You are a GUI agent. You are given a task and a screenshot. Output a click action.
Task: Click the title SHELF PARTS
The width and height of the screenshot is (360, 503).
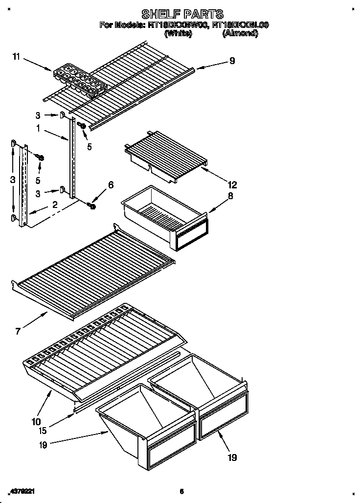click(182, 13)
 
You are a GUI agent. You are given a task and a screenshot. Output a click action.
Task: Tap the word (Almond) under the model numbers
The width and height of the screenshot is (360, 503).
click(240, 33)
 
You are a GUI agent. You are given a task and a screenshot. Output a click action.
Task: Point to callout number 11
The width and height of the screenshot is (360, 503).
click(16, 58)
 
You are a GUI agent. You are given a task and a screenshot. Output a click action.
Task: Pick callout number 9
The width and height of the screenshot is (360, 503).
click(232, 61)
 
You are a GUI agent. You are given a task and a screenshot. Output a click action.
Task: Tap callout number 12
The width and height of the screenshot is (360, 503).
click(231, 184)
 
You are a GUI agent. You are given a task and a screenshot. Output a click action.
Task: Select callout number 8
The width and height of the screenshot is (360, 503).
click(230, 196)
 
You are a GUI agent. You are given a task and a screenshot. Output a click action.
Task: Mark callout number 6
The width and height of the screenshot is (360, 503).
click(111, 184)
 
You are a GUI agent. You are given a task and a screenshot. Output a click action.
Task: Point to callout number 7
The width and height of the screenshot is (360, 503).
click(18, 331)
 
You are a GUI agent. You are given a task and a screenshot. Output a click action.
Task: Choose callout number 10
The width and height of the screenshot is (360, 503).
click(37, 421)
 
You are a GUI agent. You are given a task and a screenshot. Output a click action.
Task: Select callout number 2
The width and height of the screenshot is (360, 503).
click(55, 206)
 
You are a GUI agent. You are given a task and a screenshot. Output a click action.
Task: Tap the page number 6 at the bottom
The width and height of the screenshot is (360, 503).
click(181, 491)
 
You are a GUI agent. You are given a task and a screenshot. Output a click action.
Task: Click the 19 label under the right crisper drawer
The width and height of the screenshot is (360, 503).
click(232, 457)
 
